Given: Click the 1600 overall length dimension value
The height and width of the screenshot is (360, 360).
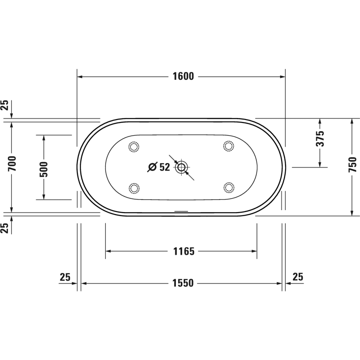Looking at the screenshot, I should [x=183, y=76].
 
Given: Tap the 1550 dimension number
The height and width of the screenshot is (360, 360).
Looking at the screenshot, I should [x=183, y=283].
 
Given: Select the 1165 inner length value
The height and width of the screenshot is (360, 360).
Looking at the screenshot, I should [x=184, y=251].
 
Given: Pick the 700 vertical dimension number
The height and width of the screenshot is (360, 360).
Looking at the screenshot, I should [x=13, y=163].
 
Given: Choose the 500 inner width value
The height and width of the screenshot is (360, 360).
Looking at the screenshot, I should [x=44, y=168].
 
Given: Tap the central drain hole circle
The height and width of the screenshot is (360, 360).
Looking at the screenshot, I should [x=182, y=168].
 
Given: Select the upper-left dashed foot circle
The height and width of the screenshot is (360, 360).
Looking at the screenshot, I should [x=134, y=146].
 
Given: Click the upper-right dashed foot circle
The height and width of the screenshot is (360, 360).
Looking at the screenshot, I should [x=228, y=145].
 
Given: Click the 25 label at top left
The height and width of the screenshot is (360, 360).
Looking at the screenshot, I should [x=4, y=105].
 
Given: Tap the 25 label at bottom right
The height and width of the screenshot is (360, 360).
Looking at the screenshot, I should [x=298, y=277].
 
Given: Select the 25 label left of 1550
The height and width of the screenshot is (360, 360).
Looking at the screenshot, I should [x=65, y=277].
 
